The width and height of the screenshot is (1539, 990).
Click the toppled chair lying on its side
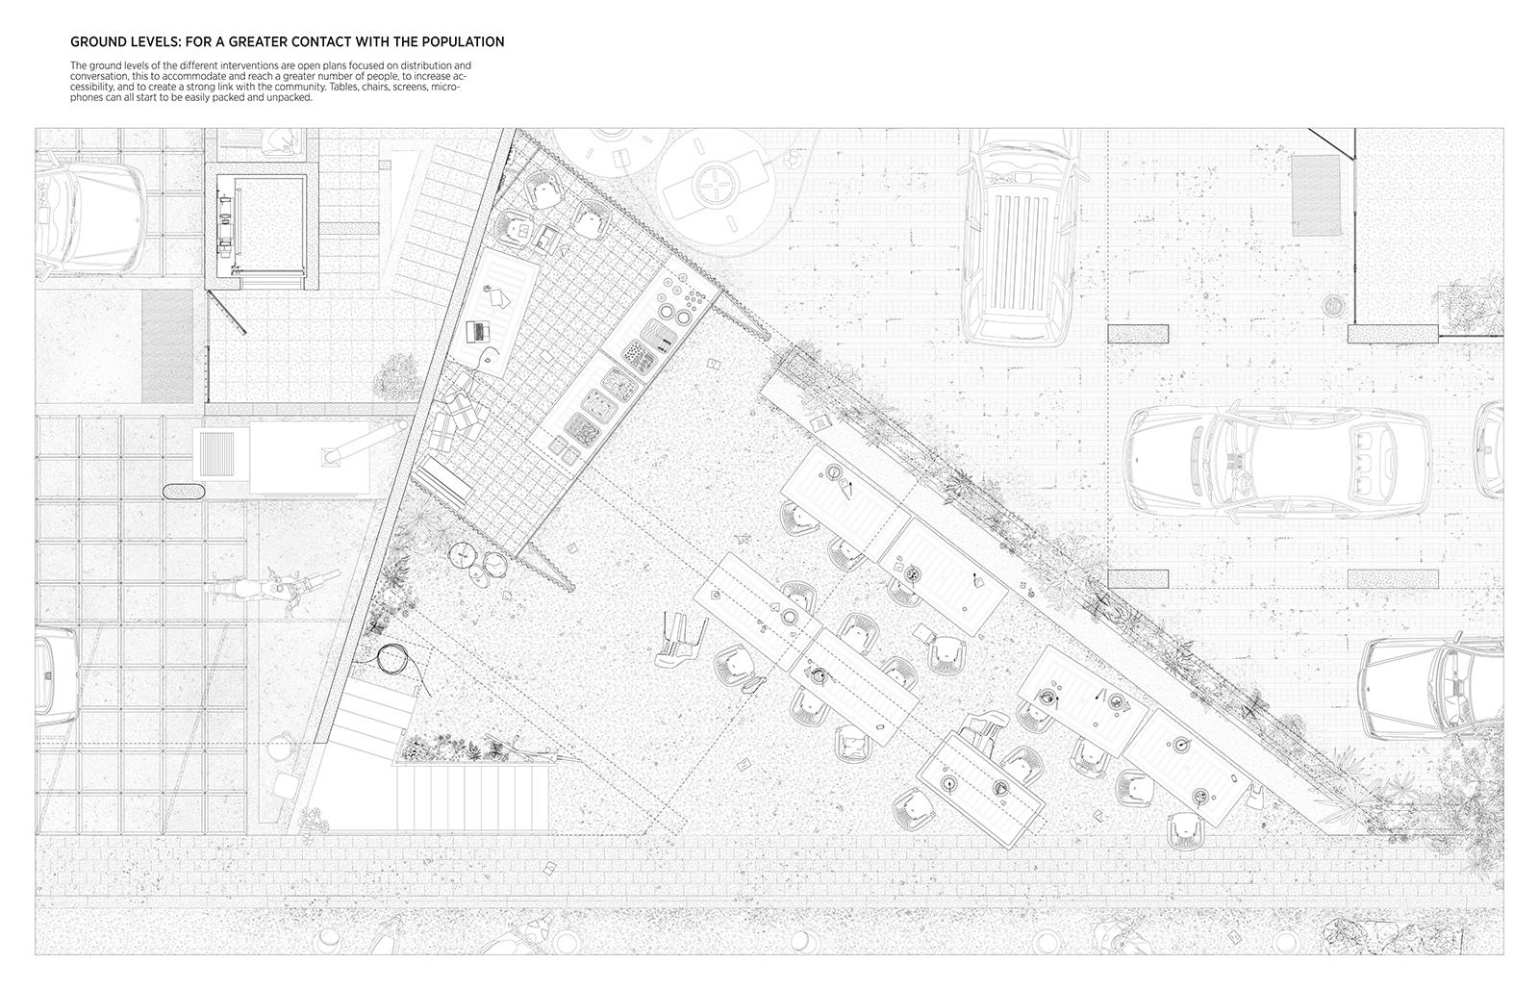pos(680,640)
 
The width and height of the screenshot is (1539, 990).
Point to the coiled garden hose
pos(392,660)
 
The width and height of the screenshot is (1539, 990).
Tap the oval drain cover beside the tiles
pos(184,492)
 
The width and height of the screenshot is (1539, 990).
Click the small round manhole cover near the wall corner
pos(1335,304)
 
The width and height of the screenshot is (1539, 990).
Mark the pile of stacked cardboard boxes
pos(458,416)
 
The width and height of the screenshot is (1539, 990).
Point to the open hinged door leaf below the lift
pos(227,312)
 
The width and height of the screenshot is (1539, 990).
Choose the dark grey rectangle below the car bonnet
pos(167,345)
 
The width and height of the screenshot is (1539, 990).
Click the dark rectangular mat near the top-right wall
pos(1317,196)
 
